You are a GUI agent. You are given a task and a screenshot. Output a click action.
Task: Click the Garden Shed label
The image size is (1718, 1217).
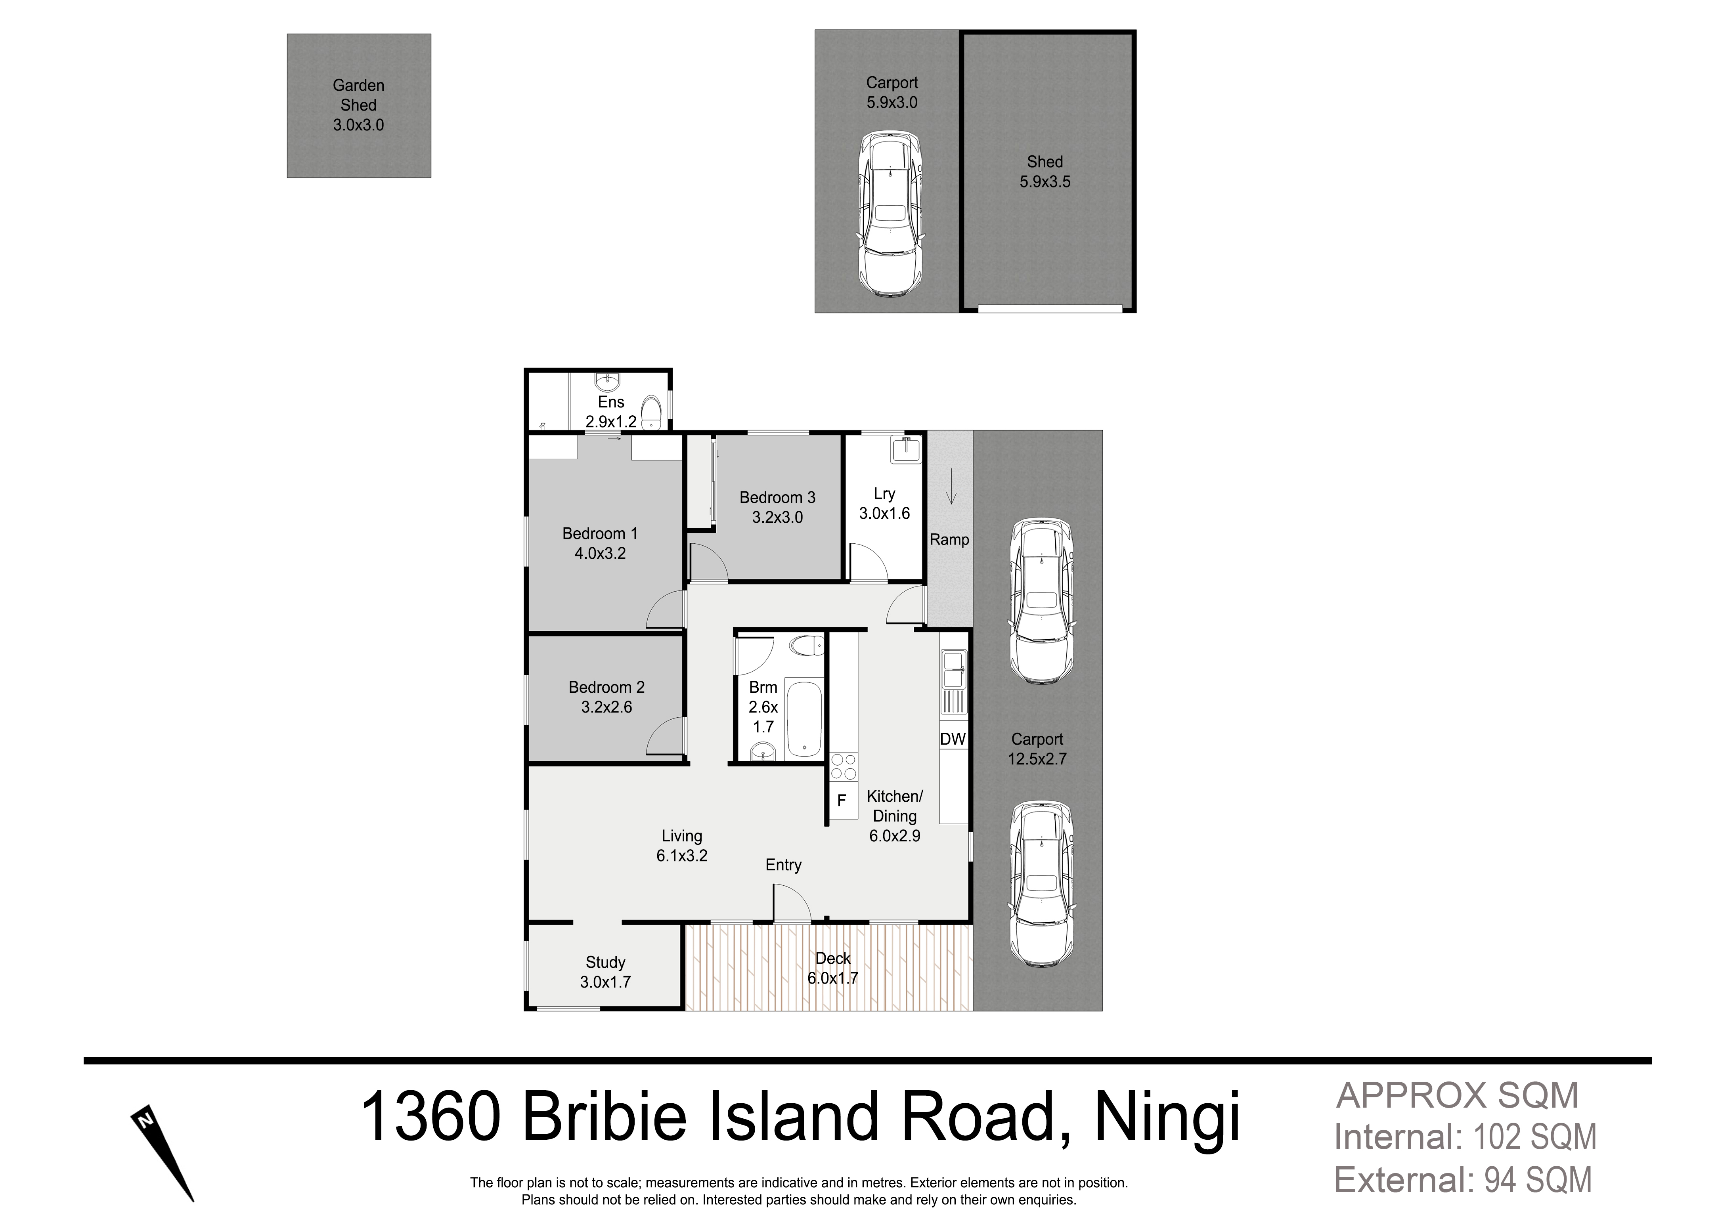click(x=358, y=95)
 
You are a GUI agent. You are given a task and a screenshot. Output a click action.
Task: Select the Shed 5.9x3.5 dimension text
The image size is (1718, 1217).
click(x=1045, y=181)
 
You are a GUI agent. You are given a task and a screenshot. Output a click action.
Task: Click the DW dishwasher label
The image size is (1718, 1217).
click(x=953, y=739)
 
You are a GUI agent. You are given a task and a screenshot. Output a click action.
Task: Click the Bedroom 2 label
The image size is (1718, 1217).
click(x=606, y=687)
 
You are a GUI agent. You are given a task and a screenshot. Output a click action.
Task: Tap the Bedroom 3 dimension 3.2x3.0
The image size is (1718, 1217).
click(x=777, y=517)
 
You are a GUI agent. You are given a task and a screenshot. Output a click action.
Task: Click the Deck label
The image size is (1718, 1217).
click(x=833, y=959)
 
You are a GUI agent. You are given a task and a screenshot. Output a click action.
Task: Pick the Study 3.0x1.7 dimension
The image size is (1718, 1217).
click(x=606, y=982)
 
